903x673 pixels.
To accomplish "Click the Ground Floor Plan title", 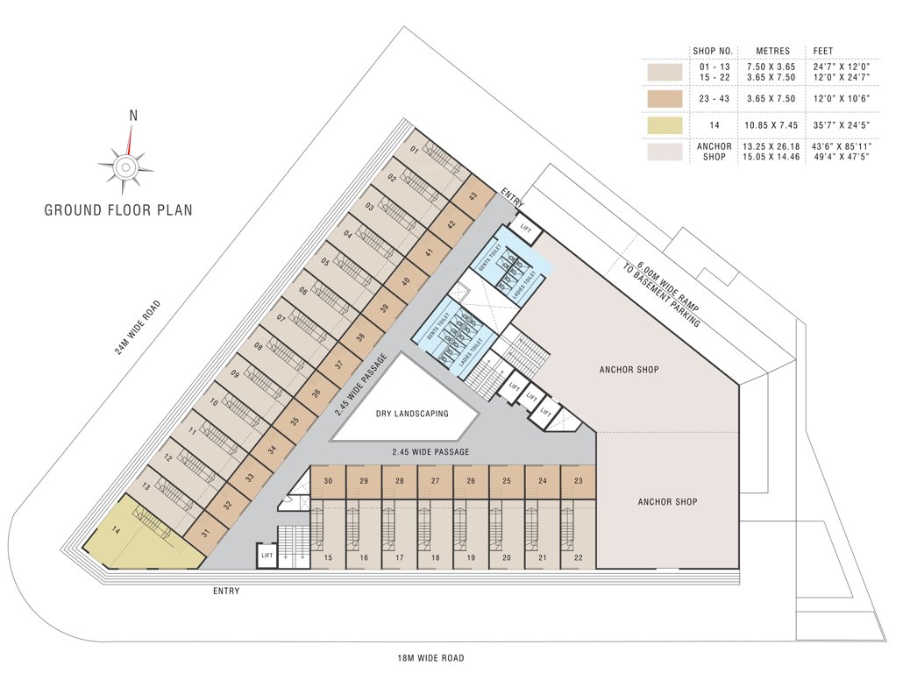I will pyautogui.click(x=118, y=210).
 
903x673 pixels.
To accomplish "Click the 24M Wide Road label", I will pyautogui.click(x=139, y=328).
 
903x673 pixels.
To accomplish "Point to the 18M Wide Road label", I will pyautogui.click(x=429, y=657).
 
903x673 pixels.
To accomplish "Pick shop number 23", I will pyautogui.click(x=578, y=481).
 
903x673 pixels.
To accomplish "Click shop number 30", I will pyautogui.click(x=328, y=481).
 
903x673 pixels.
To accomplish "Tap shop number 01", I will pyautogui.click(x=414, y=150).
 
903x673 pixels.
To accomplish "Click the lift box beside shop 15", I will pyautogui.click(x=267, y=556).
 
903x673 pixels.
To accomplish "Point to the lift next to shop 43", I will pyautogui.click(x=526, y=228).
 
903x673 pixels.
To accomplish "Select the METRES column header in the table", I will pyautogui.click(x=773, y=50).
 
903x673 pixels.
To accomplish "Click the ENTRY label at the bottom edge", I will pyautogui.click(x=226, y=592).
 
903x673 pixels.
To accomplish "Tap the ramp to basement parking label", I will pyautogui.click(x=667, y=294).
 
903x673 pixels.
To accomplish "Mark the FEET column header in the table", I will pyautogui.click(x=823, y=50).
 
